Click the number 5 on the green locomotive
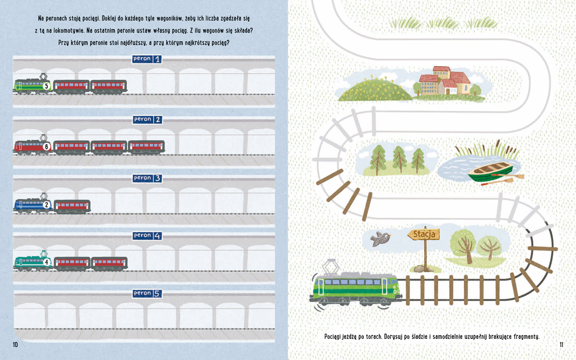(47, 86)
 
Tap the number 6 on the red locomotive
(47, 147)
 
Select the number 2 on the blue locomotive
(47, 205)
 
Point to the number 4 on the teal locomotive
(47, 263)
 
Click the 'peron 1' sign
(147, 60)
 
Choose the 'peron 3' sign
(147, 179)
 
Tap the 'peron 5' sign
(147, 293)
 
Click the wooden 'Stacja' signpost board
(424, 235)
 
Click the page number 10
(15, 345)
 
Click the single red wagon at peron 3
(72, 206)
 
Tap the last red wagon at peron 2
(146, 147)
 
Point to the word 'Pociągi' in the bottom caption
(335, 336)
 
